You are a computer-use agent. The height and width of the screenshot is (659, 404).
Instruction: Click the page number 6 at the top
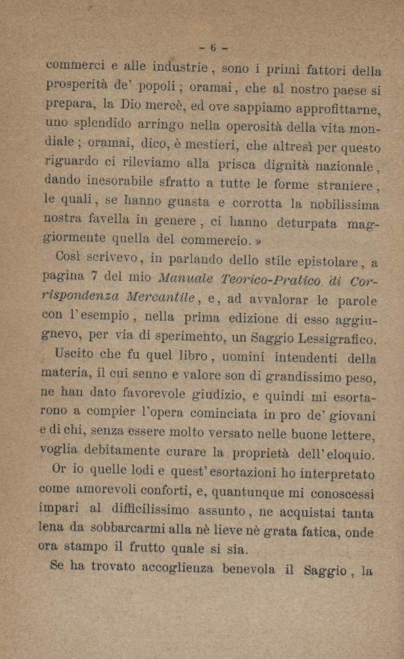213,48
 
